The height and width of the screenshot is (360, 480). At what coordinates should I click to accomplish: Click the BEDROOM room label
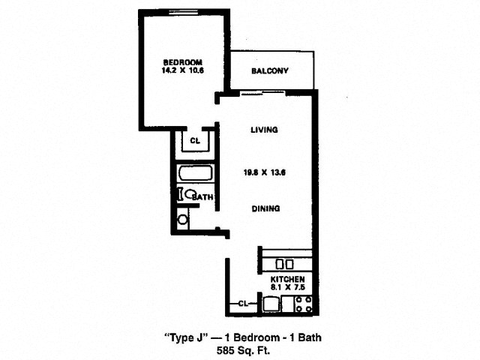coord(182,62)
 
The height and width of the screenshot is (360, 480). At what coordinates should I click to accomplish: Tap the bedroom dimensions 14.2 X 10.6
coord(182,70)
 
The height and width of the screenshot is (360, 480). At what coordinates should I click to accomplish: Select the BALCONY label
coord(270,71)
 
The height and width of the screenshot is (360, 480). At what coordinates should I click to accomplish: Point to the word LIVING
coord(265,130)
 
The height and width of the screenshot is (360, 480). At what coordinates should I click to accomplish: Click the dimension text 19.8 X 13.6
coord(265,172)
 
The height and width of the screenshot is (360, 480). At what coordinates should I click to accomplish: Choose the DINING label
coord(265,208)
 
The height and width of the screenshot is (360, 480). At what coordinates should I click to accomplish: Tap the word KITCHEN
coord(287,279)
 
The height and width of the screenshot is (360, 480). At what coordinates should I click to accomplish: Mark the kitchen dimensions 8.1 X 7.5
coord(287,287)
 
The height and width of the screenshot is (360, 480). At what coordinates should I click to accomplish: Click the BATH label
coord(203,196)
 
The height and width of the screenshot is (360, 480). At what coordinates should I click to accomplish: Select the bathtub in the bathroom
coord(195,173)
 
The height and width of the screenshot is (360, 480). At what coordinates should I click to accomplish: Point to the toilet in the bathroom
coord(187,194)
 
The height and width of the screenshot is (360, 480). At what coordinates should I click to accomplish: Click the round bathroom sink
coord(183,219)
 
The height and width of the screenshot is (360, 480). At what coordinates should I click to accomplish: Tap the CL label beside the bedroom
coord(195,141)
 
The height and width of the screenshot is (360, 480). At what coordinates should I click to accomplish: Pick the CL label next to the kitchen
coord(243,304)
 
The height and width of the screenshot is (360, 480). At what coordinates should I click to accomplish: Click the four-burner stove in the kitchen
coord(303,304)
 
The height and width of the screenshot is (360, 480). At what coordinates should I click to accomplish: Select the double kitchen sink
coord(285,264)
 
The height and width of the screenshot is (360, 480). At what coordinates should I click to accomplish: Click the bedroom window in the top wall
coord(184,12)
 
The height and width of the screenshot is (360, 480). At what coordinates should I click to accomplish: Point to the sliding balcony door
coord(262,93)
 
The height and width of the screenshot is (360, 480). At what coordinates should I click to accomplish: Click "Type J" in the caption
coord(187,338)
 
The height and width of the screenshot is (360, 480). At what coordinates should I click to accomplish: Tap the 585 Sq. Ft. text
coord(243,350)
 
